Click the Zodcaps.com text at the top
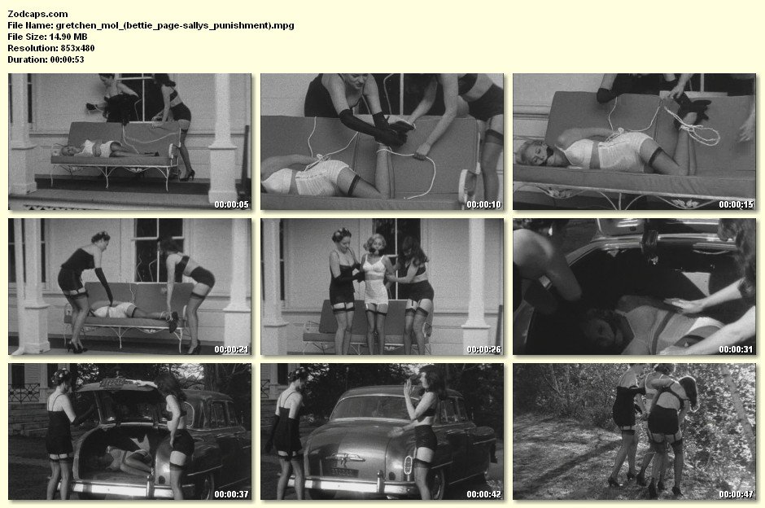[37, 14]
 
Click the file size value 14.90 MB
[68, 37]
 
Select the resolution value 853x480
[77, 48]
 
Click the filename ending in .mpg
[175, 25]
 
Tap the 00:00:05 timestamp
[231, 204]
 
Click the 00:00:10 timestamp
[483, 204]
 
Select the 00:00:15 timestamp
[736, 204]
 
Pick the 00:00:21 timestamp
[231, 349]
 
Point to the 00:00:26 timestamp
[483, 349]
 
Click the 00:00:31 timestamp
[736, 349]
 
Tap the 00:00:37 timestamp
[231, 494]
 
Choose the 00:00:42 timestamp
[483, 494]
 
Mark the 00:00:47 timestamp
[736, 494]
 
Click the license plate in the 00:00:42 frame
[344, 472]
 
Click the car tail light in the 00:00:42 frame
[409, 465]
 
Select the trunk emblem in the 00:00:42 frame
[343, 458]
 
